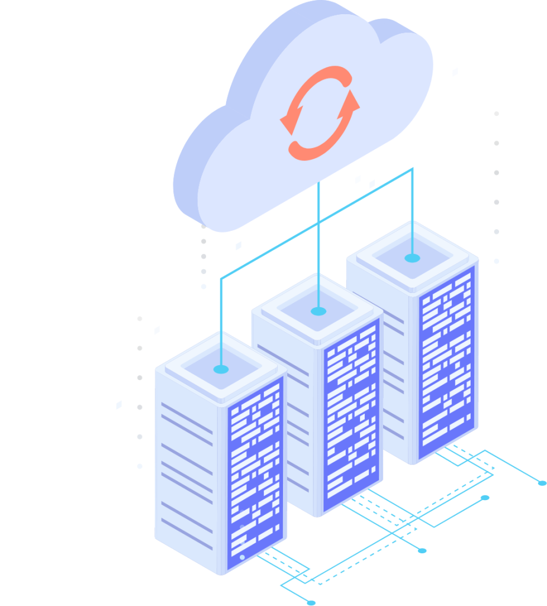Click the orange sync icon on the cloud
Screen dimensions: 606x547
pyautogui.click(x=320, y=112)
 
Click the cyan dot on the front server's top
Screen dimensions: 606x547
pyautogui.click(x=221, y=369)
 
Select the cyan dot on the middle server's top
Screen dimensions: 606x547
pyautogui.click(x=318, y=311)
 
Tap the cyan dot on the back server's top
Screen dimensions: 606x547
pyautogui.click(x=412, y=258)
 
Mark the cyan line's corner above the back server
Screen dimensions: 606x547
pyautogui.click(x=412, y=169)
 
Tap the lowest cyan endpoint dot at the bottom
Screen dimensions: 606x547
pyautogui.click(x=311, y=602)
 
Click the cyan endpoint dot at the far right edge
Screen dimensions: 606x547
pyautogui.click(x=542, y=483)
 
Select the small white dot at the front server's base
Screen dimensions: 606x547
pyautogui.click(x=242, y=557)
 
